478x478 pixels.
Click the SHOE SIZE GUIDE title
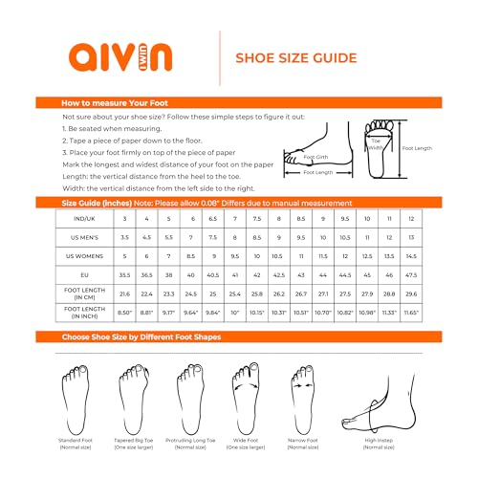tap(296, 58)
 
